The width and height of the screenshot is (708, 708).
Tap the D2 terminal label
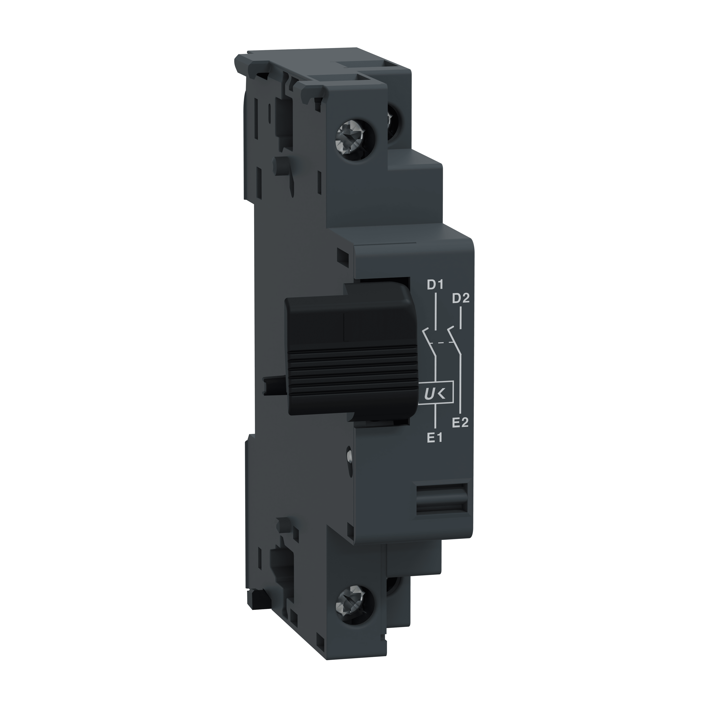[x=461, y=299]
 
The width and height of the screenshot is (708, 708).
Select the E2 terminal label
[x=460, y=422]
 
